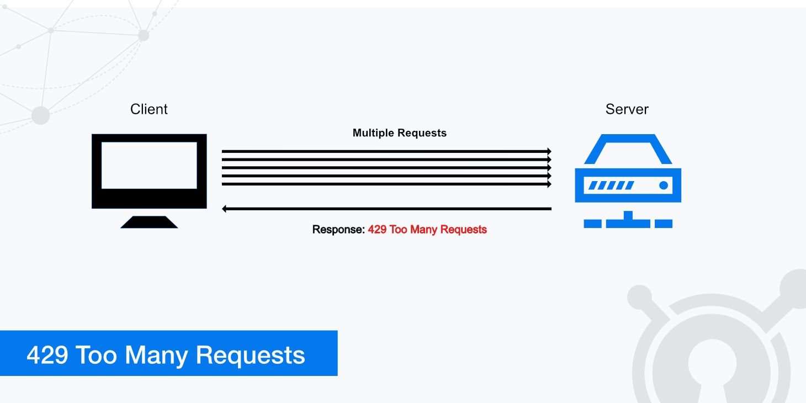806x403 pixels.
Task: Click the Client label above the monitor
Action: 149,109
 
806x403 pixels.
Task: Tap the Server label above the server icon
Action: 627,109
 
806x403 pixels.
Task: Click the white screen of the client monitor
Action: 149,165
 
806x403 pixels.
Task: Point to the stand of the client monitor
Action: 149,222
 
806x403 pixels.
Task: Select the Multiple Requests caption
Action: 399,133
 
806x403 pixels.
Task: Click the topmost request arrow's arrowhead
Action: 549,151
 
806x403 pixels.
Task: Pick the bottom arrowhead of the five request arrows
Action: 549,184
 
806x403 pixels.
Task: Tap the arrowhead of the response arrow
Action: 225,209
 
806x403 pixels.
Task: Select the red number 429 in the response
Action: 377,230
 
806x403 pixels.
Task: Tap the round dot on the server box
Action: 664,185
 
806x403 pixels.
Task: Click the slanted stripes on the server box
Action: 611,185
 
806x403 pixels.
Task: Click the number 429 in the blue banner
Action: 47,355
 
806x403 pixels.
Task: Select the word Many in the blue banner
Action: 157,355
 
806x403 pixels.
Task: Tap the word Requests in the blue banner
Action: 250,355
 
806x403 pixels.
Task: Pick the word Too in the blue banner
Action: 96,355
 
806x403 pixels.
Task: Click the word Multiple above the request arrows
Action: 373,133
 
